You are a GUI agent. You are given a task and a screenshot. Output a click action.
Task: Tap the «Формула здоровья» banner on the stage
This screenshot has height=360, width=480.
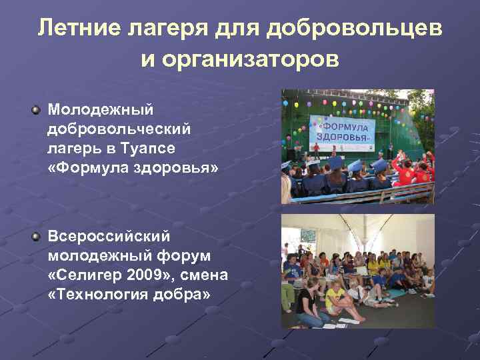[342, 128]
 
